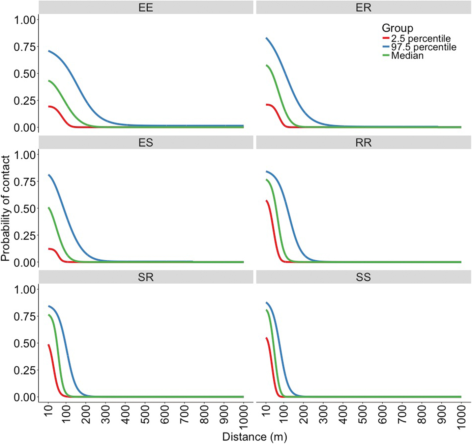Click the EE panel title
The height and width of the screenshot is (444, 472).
(x=146, y=7)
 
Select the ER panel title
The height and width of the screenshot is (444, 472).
(x=363, y=7)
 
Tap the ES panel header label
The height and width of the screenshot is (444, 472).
(x=146, y=142)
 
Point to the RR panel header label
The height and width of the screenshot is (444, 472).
(x=363, y=142)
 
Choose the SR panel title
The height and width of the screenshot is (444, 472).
(x=146, y=277)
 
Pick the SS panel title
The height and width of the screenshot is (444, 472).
(x=363, y=277)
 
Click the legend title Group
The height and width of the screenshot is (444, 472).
(x=397, y=28)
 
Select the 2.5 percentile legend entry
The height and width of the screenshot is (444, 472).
(x=420, y=38)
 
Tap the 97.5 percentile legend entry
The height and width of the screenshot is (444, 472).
(x=423, y=47)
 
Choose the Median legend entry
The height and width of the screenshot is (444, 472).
(x=407, y=55)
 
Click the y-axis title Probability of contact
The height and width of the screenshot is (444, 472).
(x=5, y=208)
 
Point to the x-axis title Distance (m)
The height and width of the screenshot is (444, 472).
(x=255, y=437)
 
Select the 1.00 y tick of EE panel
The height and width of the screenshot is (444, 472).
(x=25, y=20)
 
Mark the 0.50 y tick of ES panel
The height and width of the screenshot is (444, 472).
(x=25, y=209)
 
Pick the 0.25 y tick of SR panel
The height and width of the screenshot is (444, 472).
(x=25, y=370)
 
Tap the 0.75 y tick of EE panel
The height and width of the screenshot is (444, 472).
(x=25, y=47)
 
